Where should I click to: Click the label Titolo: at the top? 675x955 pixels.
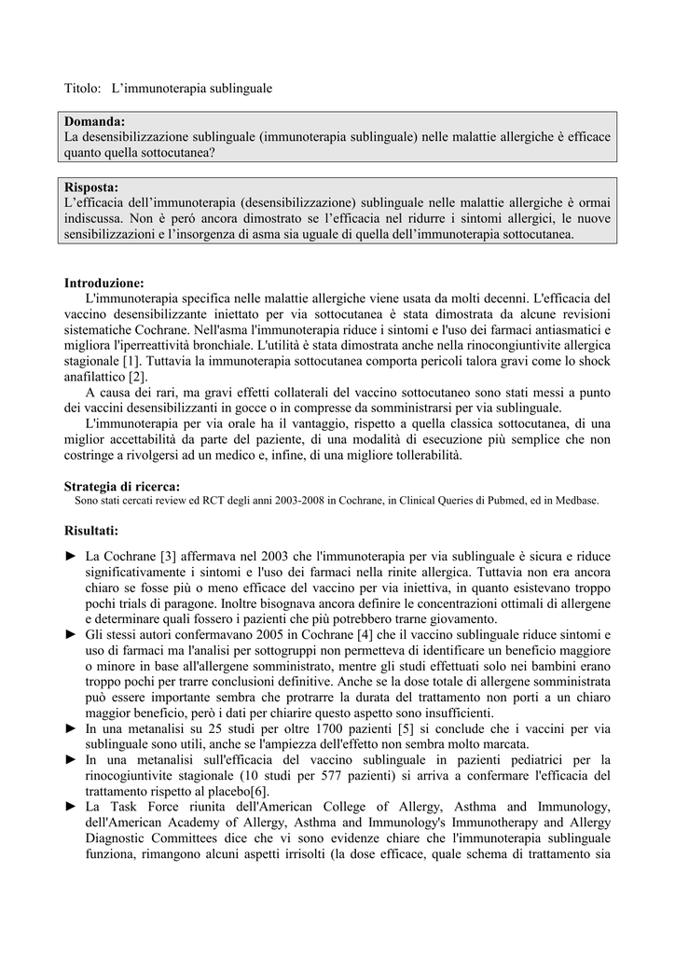tap(82, 88)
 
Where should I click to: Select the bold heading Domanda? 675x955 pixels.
tap(94, 121)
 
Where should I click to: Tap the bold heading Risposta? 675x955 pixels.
tap(91, 187)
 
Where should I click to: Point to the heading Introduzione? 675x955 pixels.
tap(103, 282)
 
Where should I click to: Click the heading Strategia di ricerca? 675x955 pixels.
tap(121, 485)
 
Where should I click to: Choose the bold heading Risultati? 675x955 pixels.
tap(91, 531)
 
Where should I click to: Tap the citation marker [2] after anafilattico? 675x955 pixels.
tap(138, 377)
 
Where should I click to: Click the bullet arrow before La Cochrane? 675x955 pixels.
tap(71, 556)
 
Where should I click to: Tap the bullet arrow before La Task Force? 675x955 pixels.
tap(71, 807)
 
